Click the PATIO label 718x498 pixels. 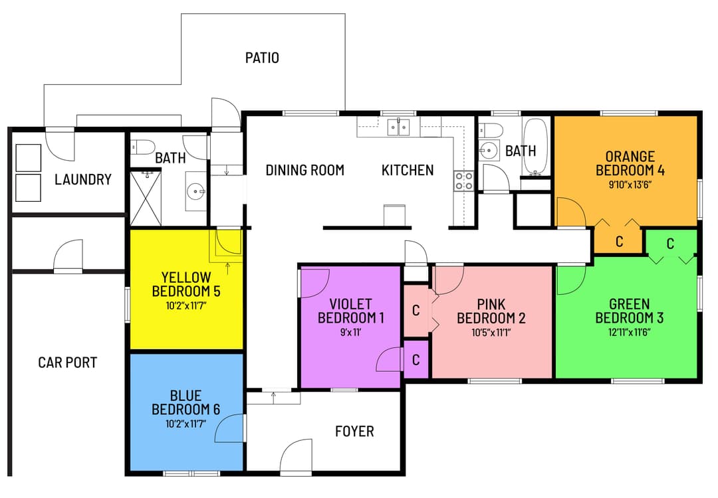point(262,58)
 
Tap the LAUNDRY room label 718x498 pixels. point(83,179)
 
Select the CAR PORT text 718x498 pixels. point(67,363)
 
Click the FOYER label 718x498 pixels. point(354,432)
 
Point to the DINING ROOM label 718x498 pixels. point(304,170)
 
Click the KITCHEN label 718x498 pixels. point(407,170)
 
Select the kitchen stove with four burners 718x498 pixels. point(463,181)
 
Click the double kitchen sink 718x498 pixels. point(399,125)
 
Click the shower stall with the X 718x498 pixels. point(145,198)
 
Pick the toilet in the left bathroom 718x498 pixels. point(144,147)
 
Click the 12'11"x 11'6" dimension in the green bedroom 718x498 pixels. point(629,331)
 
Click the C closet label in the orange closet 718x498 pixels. point(619,242)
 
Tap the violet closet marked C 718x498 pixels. point(416,360)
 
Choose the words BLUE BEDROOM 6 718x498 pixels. point(185,402)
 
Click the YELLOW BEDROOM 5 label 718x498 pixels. point(185,284)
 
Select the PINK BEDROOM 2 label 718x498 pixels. point(491,311)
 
